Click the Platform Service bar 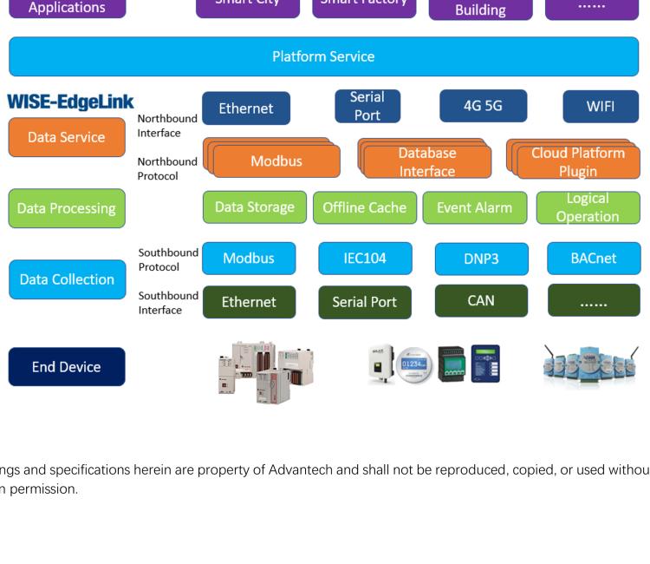(x=324, y=56)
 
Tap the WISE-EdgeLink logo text (x=70, y=103)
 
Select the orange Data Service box (x=66, y=137)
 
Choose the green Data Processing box (x=66, y=208)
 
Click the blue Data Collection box (x=66, y=279)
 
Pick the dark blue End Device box (x=66, y=367)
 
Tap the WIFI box (x=601, y=108)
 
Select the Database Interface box (x=427, y=162)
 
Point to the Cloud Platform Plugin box (x=577, y=162)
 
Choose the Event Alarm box (x=474, y=207)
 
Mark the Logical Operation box (x=588, y=208)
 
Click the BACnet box (x=594, y=259)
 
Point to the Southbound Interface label (x=168, y=302)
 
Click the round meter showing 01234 (x=413, y=365)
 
